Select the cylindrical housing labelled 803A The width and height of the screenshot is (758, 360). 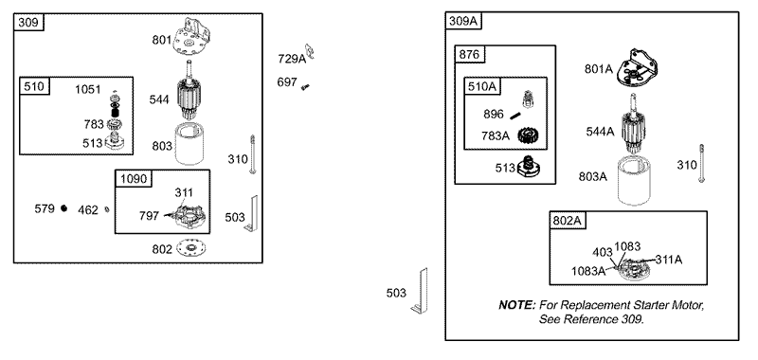634,181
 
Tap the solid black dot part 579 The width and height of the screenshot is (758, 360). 63,208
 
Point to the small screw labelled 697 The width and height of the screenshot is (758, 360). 305,87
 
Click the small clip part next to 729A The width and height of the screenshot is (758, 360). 310,51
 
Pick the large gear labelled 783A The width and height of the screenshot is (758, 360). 529,135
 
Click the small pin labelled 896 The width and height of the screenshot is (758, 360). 515,115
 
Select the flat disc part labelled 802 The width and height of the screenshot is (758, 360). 190,248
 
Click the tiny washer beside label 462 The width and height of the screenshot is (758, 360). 107,209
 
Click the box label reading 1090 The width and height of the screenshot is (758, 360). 133,179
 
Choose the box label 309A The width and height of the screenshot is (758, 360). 462,21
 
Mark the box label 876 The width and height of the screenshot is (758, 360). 469,55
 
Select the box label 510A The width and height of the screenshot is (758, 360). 482,86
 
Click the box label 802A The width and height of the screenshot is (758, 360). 567,221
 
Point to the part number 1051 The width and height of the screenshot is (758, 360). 88,89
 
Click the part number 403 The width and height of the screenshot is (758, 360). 603,252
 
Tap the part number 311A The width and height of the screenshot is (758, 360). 669,260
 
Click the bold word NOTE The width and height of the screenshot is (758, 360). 517,305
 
